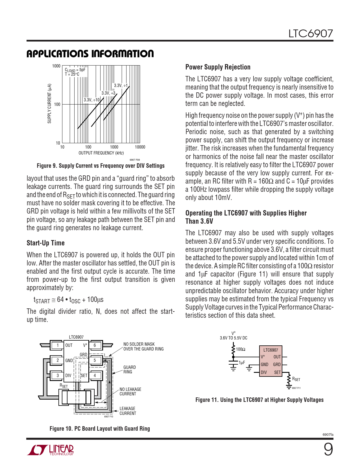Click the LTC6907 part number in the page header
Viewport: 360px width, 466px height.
311,34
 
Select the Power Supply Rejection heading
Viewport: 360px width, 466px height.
218,67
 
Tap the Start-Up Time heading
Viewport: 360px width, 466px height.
45,243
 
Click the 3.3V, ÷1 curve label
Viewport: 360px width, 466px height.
121,86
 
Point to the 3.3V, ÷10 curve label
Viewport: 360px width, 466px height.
91,100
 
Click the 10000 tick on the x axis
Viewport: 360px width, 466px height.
140,147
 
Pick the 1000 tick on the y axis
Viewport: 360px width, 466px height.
56,66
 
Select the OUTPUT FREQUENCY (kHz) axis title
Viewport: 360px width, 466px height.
101,153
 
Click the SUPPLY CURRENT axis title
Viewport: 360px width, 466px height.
49,103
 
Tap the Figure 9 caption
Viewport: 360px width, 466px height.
101,166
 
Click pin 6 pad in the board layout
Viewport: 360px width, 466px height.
95,345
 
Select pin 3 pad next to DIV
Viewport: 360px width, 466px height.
58,376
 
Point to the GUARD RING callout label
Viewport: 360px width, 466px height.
129,369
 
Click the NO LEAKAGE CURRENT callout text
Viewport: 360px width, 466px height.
130,391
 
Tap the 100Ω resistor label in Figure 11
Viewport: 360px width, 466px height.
241,349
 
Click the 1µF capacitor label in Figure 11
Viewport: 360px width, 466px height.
242,363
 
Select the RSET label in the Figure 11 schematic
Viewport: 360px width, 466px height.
296,379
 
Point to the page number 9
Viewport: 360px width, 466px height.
328,449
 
